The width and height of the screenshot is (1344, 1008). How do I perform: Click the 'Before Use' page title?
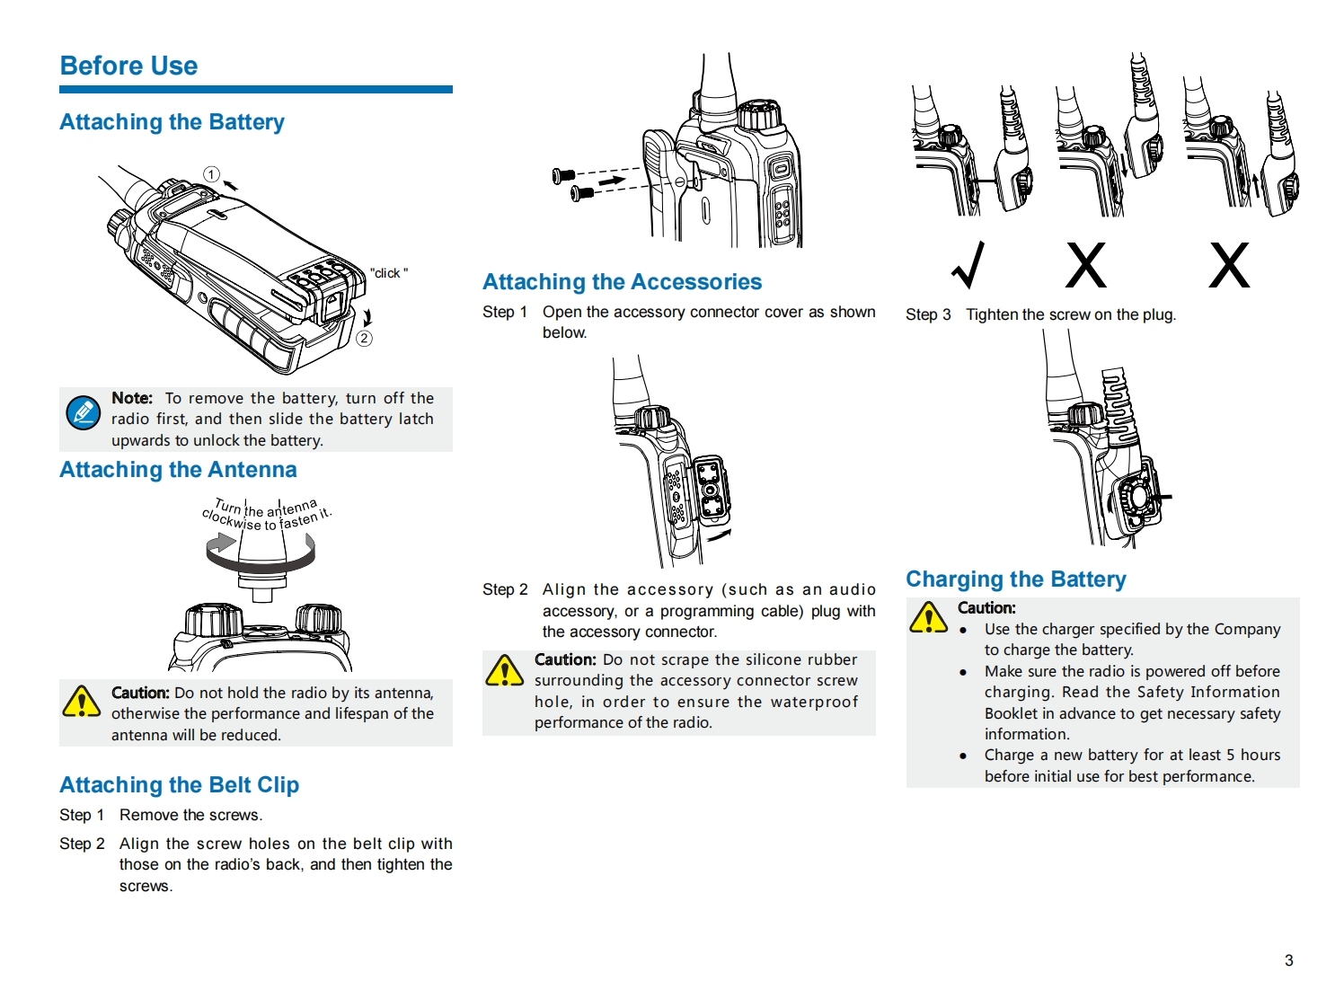(128, 66)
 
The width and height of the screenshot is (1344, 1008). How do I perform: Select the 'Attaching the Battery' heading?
(172, 122)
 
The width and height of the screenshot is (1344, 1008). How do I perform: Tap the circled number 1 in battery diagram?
(211, 174)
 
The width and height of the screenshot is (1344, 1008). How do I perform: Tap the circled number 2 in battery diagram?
(364, 338)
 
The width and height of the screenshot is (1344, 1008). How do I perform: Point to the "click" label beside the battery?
(388, 273)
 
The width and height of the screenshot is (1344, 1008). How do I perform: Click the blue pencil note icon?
(84, 413)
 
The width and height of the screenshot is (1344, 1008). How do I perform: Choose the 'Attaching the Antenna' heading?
(178, 470)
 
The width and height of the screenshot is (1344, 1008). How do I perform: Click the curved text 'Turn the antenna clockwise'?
(266, 514)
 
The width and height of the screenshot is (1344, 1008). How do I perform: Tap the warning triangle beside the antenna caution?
(82, 702)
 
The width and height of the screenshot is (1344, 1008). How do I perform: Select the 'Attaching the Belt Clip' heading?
(179, 785)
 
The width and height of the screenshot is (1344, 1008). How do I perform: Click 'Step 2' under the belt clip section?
(82, 844)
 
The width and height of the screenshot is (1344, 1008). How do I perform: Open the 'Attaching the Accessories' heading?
(622, 282)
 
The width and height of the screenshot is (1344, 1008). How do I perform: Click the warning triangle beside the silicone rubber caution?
(504, 671)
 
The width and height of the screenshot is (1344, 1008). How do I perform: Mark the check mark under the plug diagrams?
(968, 265)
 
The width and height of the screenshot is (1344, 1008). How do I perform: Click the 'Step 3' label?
(928, 314)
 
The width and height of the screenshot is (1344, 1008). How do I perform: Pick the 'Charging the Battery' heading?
(1015, 579)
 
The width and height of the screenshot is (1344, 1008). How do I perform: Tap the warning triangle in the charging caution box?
(928, 618)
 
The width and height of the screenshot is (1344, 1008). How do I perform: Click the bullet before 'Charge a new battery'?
(963, 756)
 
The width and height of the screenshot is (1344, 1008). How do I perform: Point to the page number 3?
(1288, 960)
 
